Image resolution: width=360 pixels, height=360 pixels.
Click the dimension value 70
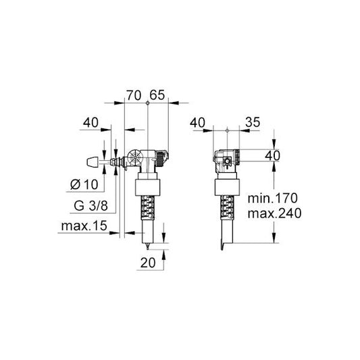(x=134, y=95)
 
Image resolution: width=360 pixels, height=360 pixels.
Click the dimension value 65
(x=157, y=95)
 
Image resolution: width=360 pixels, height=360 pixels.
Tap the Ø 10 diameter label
(x=84, y=184)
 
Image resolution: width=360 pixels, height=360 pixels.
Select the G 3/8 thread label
(x=91, y=205)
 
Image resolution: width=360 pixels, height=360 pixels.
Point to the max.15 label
(x=84, y=226)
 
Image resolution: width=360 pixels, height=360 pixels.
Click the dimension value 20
(x=148, y=263)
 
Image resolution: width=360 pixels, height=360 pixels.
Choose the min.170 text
(x=272, y=198)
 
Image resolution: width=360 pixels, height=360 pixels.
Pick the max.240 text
(x=275, y=213)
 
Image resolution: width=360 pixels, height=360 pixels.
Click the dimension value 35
(x=253, y=122)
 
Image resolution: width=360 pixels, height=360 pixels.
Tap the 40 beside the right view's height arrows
(x=272, y=155)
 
